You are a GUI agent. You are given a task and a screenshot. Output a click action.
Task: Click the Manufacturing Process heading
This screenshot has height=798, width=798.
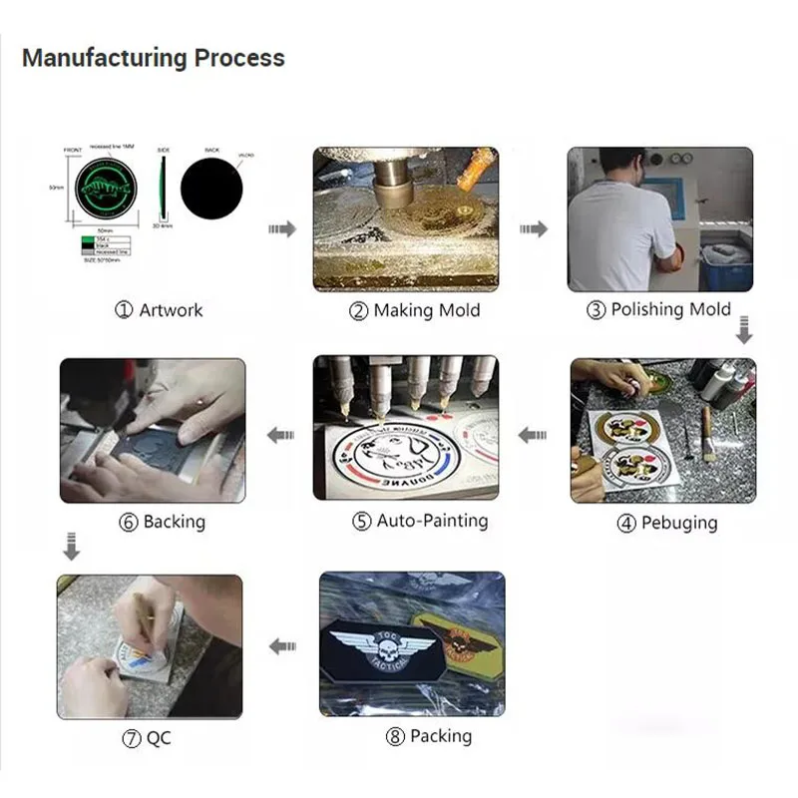coord(153,58)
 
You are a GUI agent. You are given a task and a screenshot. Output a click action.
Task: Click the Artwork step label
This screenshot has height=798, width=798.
coord(159,310)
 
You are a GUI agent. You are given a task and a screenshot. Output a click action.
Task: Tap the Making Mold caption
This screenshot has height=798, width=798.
coord(414,310)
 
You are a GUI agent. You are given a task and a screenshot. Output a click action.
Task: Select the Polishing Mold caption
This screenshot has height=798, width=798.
coord(659,309)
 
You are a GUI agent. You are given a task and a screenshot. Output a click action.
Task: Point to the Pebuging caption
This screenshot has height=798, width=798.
coord(665,523)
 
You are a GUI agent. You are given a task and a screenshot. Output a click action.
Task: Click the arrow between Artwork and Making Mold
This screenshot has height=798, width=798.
coord(282,229)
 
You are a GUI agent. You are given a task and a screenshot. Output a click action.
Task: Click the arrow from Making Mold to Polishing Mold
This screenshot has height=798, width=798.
coord(534,229)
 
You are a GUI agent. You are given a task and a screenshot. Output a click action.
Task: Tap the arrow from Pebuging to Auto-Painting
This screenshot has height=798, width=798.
coord(533,435)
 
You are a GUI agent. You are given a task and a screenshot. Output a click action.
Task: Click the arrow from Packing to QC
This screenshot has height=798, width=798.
coord(282,645)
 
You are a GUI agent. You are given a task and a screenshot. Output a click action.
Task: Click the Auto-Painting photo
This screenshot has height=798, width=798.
coord(406,428)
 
